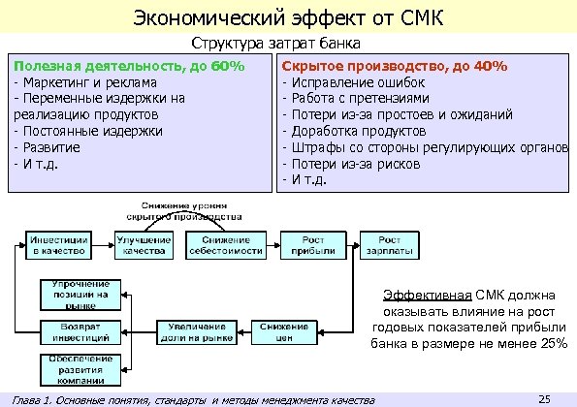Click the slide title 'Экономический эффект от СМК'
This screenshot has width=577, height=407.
click(288, 16)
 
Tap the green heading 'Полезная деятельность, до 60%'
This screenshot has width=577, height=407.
click(127, 65)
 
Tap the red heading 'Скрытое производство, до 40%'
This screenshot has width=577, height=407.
click(394, 65)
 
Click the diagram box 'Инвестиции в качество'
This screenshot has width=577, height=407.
click(60, 245)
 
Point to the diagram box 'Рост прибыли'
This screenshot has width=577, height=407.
click(308, 245)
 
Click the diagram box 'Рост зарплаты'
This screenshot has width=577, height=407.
click(389, 245)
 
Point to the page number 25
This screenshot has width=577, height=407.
click(544, 397)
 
